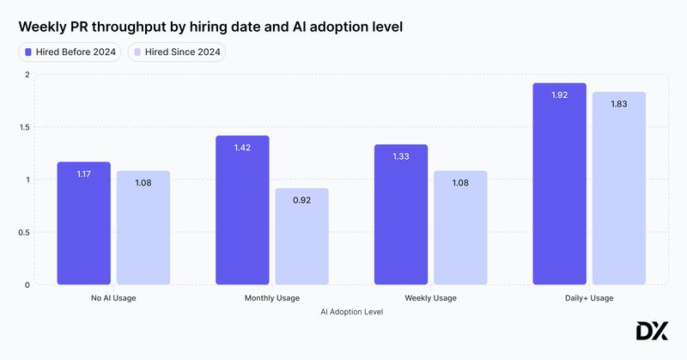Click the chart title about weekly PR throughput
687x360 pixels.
coord(211,27)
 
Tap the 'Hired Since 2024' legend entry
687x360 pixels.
coord(176,52)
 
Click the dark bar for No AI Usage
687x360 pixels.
coord(83,223)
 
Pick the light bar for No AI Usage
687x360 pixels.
coord(143,228)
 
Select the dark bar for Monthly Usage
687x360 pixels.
coord(242,211)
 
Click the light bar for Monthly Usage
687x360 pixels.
coord(302,236)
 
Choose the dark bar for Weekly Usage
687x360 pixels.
coord(401,215)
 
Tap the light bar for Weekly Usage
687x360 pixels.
coord(460,228)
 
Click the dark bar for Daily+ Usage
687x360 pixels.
coord(559,184)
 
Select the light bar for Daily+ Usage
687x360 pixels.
coord(619,188)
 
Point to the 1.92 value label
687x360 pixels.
coord(559,95)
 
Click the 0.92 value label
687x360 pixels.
coord(302,200)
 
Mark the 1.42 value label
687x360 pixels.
coord(242,148)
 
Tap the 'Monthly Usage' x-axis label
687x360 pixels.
coord(272,298)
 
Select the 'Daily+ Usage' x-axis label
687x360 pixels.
coord(589,298)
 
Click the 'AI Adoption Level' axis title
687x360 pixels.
coord(351,312)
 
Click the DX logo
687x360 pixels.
coord(652,332)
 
